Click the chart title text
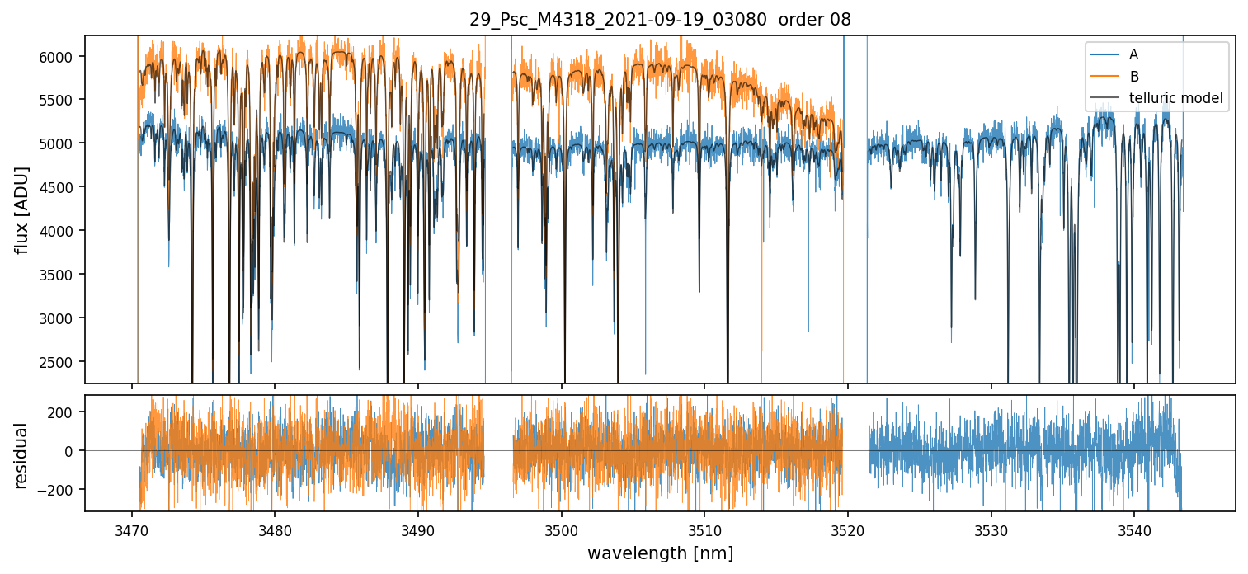[x=660, y=20]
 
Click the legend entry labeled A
[x=1133, y=54]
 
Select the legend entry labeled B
[x=1133, y=77]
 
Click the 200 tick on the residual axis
[x=63, y=412]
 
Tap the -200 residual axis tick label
[x=59, y=490]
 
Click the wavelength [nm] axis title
[x=660, y=553]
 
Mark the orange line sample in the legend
[x=1104, y=77]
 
